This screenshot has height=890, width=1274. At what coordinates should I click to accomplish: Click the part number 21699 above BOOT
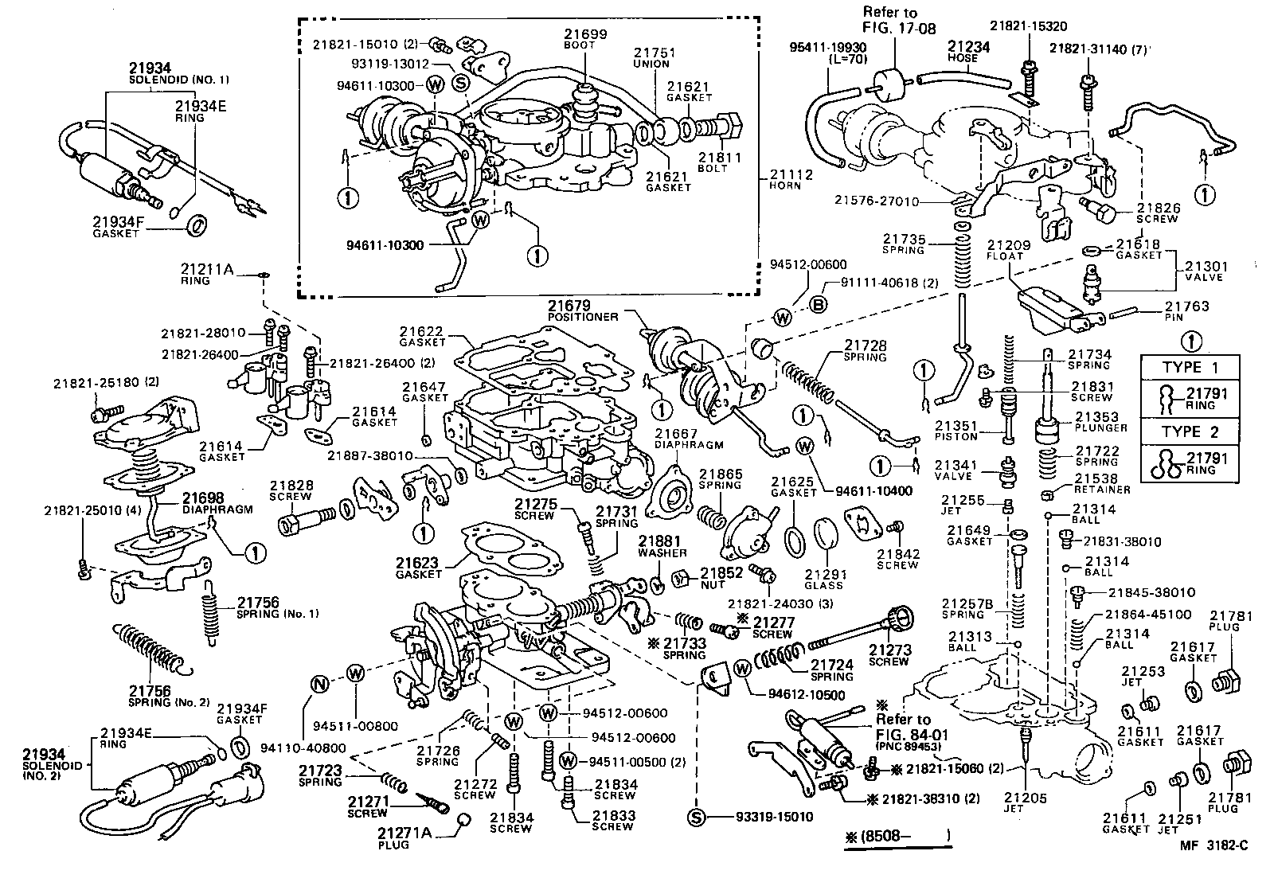586,34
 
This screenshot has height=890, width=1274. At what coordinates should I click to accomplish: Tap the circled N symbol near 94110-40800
318,684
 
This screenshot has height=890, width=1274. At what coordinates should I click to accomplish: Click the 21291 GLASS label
823,579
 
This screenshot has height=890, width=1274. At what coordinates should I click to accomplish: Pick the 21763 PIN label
1186,310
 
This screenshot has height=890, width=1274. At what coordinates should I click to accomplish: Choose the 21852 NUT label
721,577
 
